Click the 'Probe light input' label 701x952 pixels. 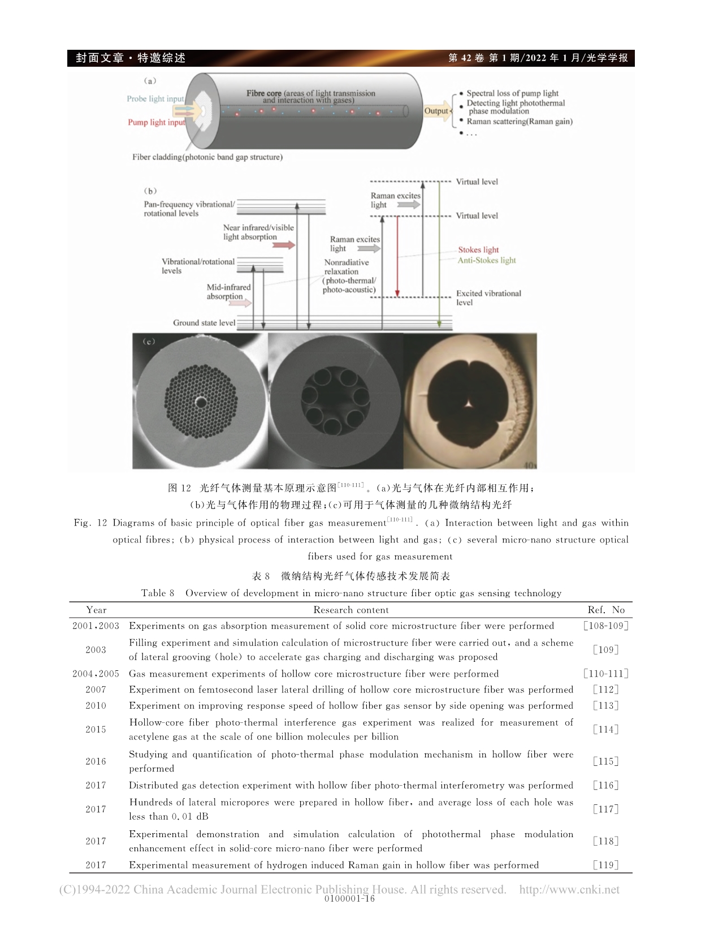coord(155,99)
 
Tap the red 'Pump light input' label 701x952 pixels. coord(157,122)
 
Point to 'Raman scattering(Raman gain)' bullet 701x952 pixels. coord(519,122)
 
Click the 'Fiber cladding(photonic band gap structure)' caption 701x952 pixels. coord(207,157)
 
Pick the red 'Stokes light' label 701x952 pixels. coord(478,250)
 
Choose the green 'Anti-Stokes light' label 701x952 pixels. coord(487,261)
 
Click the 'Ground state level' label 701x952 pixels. coord(204,323)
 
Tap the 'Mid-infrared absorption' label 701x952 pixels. coord(228,292)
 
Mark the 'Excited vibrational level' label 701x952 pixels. coord(488,298)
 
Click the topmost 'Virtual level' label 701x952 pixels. coord(477,182)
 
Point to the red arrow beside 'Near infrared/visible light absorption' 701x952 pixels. coord(284,245)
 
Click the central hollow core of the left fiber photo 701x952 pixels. coord(201,402)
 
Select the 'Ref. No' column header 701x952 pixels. coord(606,610)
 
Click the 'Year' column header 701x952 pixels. coord(96,610)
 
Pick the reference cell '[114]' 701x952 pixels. coord(606,730)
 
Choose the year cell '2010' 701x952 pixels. coord(96,706)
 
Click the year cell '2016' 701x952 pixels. coord(96,761)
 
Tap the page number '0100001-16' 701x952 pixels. coord(350,899)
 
